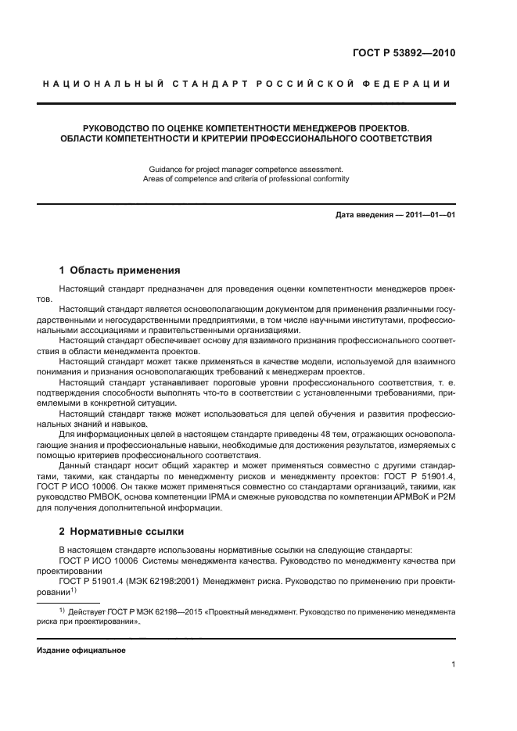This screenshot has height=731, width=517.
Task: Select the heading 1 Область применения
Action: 120,271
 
